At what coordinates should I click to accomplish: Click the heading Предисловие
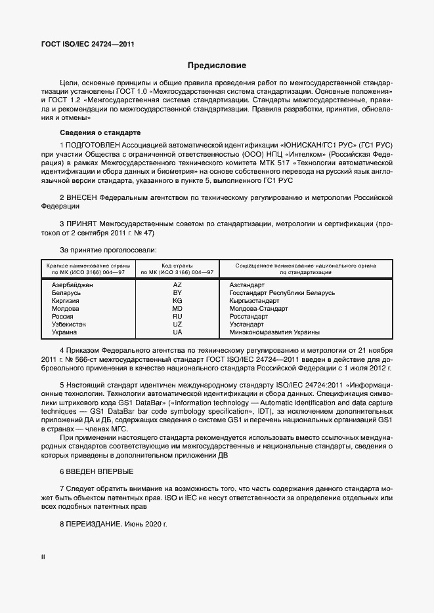click(217, 66)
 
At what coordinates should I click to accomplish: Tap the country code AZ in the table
click(177, 285)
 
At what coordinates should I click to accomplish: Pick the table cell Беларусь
click(67, 292)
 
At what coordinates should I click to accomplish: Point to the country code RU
click(177, 316)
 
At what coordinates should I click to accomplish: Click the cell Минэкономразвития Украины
click(274, 332)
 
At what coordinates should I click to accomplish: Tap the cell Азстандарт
click(248, 285)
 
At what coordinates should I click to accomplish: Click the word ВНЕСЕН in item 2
click(81, 196)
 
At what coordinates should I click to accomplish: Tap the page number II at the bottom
click(43, 557)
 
